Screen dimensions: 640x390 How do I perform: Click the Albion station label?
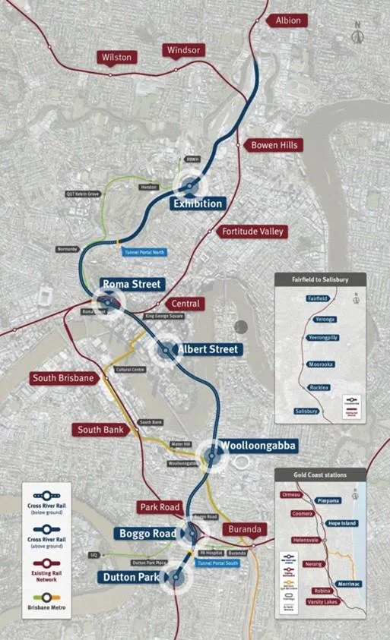[x=287, y=20]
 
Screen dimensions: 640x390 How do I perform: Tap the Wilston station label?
[x=116, y=57]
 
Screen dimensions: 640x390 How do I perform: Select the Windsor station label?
[x=183, y=50]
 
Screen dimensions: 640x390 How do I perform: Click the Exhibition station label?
[x=198, y=203]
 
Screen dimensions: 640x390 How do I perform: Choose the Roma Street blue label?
[x=132, y=284]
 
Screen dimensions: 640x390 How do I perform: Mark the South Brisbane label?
[x=64, y=377]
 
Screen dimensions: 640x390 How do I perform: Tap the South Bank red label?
[x=100, y=430]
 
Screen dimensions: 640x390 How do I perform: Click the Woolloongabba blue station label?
[x=258, y=445]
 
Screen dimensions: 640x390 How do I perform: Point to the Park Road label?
[x=158, y=506]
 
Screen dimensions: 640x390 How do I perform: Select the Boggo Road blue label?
[x=148, y=534]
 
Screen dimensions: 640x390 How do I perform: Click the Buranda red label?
[x=244, y=529]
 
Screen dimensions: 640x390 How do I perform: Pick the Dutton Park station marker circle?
[x=176, y=577]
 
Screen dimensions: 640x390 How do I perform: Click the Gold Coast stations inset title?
[x=320, y=474]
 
